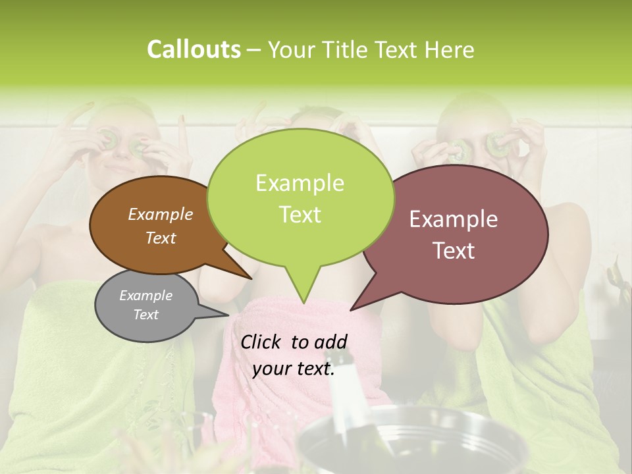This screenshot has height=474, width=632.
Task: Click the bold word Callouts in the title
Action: click(194, 50)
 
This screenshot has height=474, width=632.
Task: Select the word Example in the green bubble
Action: click(300, 184)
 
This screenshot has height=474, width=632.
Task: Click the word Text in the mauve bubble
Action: click(454, 251)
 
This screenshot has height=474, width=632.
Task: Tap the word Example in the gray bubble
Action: click(145, 296)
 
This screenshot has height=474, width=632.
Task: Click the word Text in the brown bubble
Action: click(161, 238)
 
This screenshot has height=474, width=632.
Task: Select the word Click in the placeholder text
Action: click(261, 342)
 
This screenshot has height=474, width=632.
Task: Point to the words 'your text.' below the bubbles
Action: click(294, 369)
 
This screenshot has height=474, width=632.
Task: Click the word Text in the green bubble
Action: click(300, 215)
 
